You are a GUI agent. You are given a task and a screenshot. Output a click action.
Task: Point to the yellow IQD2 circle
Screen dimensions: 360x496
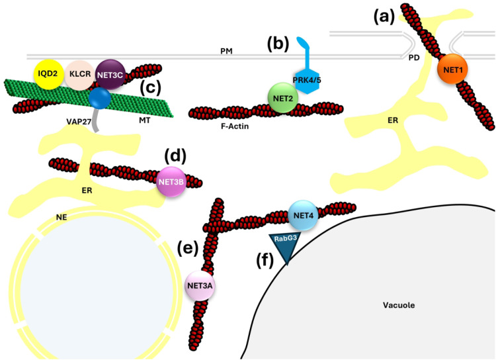[50, 73]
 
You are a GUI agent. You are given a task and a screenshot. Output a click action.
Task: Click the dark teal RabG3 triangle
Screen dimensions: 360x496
[286, 246]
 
